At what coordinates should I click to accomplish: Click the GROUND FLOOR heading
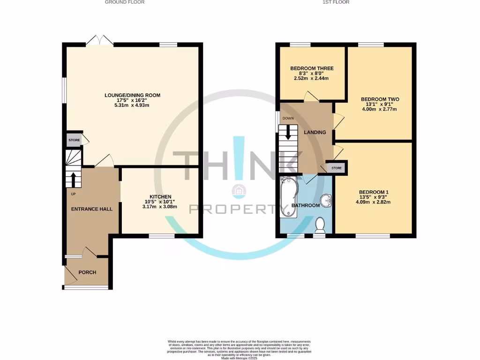click(x=124, y=2)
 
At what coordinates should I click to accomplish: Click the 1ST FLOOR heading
click(x=336, y=2)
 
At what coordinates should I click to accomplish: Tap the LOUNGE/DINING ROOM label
click(x=132, y=96)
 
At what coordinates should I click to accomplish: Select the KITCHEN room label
click(x=160, y=196)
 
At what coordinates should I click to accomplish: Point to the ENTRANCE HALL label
click(x=92, y=209)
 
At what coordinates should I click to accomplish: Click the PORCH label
click(x=87, y=272)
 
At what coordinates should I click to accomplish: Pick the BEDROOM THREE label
click(x=312, y=68)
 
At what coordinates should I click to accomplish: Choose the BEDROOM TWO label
click(x=380, y=99)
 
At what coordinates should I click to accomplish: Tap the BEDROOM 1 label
click(x=374, y=192)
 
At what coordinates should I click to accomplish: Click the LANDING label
click(x=315, y=132)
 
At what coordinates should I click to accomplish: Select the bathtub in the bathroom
click(x=288, y=198)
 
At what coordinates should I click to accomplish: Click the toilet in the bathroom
click(x=321, y=225)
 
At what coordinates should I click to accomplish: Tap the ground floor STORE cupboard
click(x=74, y=140)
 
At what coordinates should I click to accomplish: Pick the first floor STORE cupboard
click(x=337, y=167)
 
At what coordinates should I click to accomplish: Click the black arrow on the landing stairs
click(x=288, y=132)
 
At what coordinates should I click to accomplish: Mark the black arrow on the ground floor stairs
click(x=73, y=179)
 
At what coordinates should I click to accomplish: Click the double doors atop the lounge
click(x=99, y=41)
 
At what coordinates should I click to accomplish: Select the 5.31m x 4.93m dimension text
click(x=132, y=105)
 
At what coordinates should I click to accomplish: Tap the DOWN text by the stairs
click(x=288, y=119)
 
